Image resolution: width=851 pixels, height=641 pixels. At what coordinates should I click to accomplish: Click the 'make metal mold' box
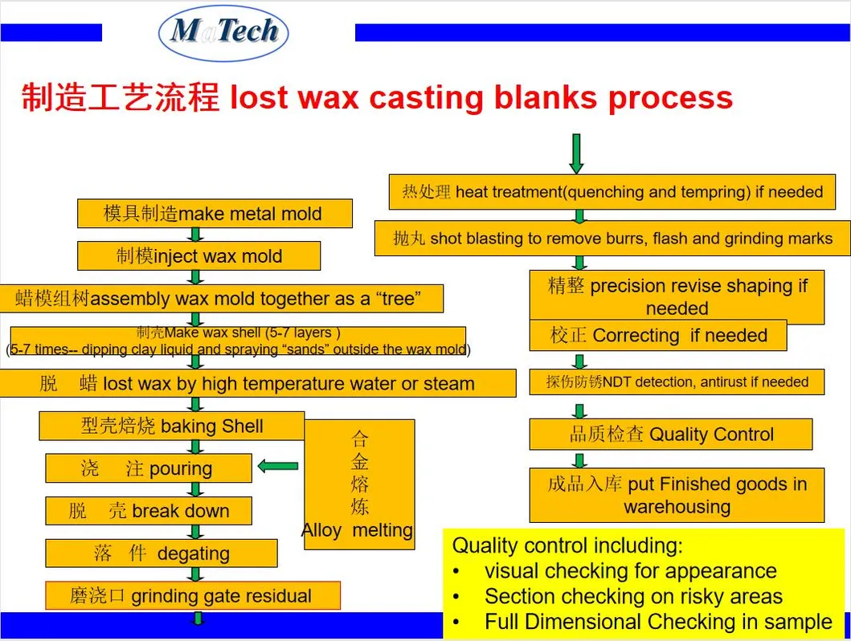point(215,214)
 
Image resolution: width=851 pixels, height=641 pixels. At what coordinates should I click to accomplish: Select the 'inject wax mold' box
point(198,256)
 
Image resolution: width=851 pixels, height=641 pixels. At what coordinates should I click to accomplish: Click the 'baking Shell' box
point(171,426)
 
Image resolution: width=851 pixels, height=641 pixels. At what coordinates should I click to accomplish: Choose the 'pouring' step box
point(148,468)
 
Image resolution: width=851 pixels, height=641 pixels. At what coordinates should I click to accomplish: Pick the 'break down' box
point(148,511)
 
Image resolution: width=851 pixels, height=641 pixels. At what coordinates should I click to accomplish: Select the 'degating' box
point(161,553)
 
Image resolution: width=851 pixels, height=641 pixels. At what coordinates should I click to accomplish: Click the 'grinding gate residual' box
point(192,596)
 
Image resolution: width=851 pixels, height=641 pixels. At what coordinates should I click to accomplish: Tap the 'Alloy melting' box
point(359,484)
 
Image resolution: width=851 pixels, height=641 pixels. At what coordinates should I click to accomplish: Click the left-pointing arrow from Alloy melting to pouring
point(278,466)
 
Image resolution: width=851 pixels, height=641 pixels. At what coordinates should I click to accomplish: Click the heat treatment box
point(612,192)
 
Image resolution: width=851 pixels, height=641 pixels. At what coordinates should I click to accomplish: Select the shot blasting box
point(612,239)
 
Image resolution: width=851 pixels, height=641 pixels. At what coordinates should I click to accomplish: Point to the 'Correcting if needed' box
point(657,336)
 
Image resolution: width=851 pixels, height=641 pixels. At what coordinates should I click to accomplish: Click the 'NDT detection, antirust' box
point(677,382)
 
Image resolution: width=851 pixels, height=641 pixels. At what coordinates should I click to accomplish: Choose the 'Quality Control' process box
point(670,435)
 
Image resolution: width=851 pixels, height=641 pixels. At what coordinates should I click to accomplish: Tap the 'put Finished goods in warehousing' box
point(677,495)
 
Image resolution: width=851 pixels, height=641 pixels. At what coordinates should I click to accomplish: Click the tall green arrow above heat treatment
point(576,153)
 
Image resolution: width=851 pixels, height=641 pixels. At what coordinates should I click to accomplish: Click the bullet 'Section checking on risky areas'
point(632,597)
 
